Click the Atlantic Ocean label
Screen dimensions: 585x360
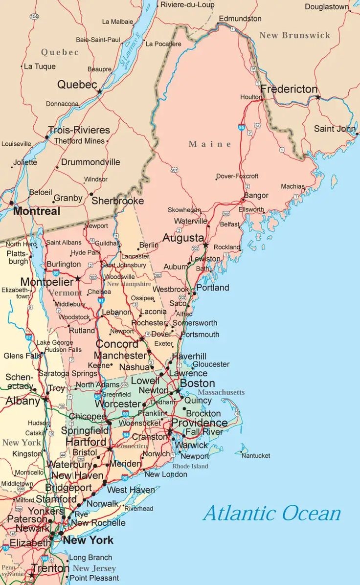pos(272,513)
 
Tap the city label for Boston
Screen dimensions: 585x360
pos(198,383)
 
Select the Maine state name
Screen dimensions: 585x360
pos(210,144)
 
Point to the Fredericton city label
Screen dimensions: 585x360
pos(289,90)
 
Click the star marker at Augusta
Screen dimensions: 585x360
pos(206,245)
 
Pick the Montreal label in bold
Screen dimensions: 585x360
pos(37,211)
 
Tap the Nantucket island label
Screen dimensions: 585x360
pos(256,455)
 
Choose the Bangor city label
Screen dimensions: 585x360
pos(256,195)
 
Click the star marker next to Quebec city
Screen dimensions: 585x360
pos(100,91)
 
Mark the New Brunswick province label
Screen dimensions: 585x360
pos(294,35)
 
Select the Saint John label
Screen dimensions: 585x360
pos(335,129)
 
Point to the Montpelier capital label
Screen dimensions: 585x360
pos(47,282)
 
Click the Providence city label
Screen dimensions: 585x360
pos(199,423)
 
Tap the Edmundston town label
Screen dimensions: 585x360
pos(240,19)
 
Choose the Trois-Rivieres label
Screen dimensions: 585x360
pos(79,130)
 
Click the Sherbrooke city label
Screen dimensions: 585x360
pos(118,201)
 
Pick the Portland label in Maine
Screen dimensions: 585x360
pos(213,288)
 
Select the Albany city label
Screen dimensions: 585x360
pos(23,401)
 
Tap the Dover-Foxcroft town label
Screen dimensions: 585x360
pos(237,176)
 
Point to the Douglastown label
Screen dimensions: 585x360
pos(327,7)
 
